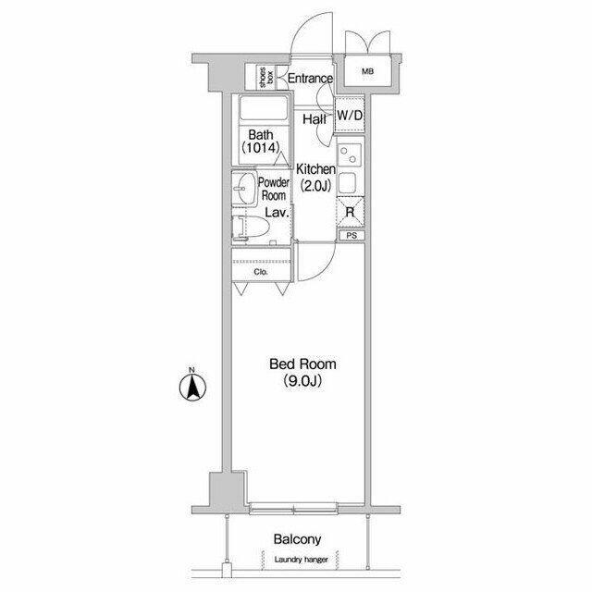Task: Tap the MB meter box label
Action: (x=367, y=71)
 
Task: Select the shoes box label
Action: (x=265, y=78)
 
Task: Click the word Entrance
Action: (x=311, y=78)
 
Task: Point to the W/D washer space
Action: (x=350, y=115)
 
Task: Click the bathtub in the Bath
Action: (x=263, y=108)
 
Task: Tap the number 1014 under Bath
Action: (x=261, y=148)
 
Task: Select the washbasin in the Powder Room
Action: (x=244, y=188)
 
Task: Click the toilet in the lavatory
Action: (x=250, y=228)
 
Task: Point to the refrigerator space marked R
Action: (x=351, y=212)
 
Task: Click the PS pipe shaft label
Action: (x=351, y=236)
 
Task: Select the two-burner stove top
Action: (x=350, y=155)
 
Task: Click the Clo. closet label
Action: (x=261, y=271)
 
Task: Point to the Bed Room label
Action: (x=302, y=364)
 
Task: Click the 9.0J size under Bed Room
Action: (x=302, y=381)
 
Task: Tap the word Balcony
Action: (x=298, y=539)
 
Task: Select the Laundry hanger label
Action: (x=302, y=560)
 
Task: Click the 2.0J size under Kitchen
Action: (x=315, y=186)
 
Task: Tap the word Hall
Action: (x=314, y=119)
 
